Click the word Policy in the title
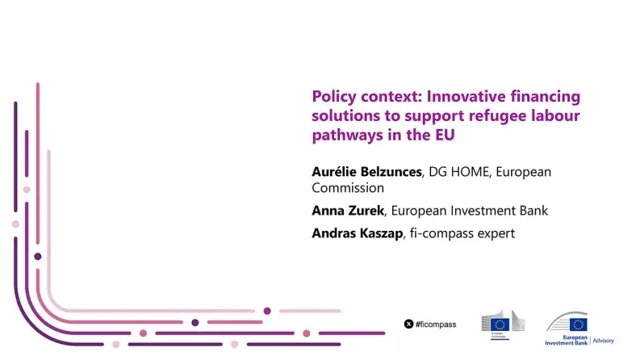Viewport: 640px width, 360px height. pyautogui.click(x=334, y=96)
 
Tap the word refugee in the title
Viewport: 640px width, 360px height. pyautogui.click(x=491, y=115)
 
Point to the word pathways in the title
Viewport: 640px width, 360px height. pyautogui.click(x=346, y=135)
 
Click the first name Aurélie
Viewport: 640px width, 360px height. pyautogui.click(x=334, y=172)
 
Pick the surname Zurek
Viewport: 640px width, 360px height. pyautogui.click(x=369, y=211)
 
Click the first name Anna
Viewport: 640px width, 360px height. pyautogui.click(x=328, y=211)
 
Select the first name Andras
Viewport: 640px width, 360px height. pyautogui.click(x=334, y=233)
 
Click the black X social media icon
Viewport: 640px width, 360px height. pyautogui.click(x=408, y=324)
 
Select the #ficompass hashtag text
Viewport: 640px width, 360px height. pyautogui.click(x=437, y=324)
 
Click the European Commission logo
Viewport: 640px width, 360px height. pyautogui.click(x=500, y=324)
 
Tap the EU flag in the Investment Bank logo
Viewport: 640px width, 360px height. pyautogui.click(x=578, y=324)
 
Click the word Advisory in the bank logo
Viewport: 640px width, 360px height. pyautogui.click(x=603, y=341)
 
